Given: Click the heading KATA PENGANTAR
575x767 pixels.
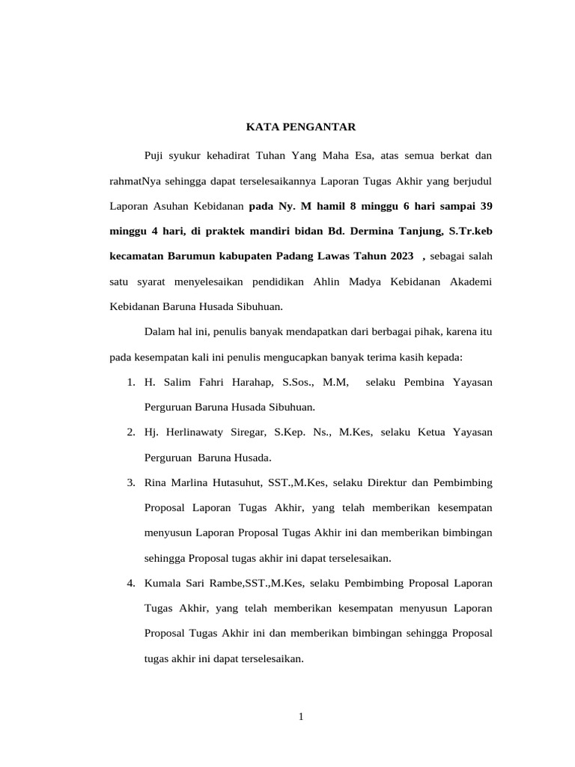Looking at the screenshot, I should pyautogui.click(x=301, y=127).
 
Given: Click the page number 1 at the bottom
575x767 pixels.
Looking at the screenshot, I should pyautogui.click(x=301, y=717).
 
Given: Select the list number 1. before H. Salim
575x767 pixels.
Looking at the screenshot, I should pyautogui.click(x=130, y=383).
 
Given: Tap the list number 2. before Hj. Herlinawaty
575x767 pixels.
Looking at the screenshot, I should pyautogui.click(x=130, y=432).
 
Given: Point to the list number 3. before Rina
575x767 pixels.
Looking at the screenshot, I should pyautogui.click(x=130, y=482).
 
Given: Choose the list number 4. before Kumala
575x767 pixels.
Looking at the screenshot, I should pyautogui.click(x=130, y=583).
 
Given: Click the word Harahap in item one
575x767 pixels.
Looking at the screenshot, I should pyautogui.click(x=249, y=383).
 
